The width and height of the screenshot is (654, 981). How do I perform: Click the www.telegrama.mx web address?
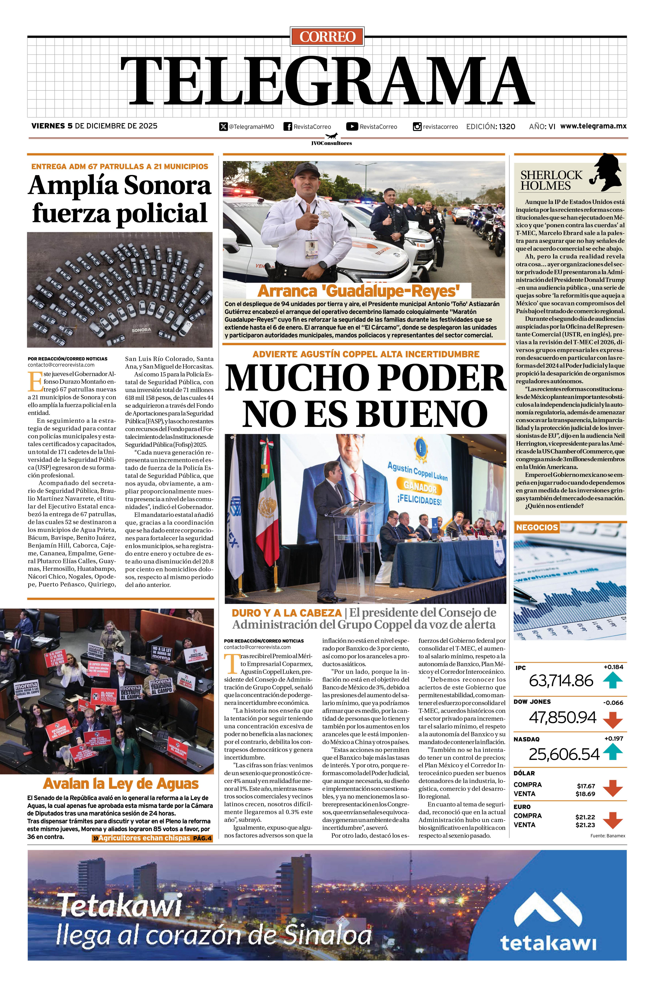click(593, 126)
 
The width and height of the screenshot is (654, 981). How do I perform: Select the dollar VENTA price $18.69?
click(585, 794)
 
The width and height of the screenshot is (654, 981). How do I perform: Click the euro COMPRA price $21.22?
click(585, 817)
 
